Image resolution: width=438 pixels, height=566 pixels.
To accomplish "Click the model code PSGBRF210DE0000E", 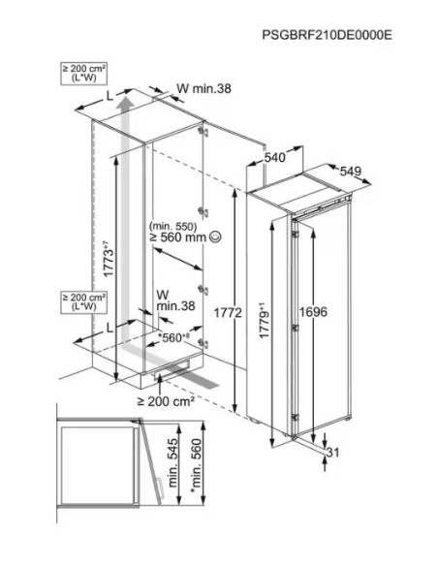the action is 327,35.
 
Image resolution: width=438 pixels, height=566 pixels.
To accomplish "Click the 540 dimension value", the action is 275,157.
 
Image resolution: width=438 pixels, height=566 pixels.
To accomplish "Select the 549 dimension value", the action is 351,172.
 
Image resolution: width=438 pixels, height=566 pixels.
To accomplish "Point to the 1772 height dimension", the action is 228,313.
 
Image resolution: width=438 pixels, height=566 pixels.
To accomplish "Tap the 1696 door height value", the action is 313,312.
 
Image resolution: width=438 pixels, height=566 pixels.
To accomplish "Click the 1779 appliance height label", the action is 266,322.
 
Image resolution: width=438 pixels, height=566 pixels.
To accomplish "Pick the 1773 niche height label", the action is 108,259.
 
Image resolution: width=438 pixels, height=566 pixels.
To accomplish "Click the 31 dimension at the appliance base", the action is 333,452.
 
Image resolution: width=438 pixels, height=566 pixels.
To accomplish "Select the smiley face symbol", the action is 215,236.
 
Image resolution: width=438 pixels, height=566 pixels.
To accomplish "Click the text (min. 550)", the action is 173,226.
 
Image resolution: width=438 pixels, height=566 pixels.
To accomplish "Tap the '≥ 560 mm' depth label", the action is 178,237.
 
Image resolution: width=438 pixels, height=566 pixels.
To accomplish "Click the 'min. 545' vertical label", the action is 172,462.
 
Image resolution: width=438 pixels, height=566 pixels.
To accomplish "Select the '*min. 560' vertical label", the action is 197,465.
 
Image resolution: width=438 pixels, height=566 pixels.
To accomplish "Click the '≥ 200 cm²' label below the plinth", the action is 167,400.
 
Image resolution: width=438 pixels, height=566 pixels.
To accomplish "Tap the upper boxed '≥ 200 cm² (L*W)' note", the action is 84,74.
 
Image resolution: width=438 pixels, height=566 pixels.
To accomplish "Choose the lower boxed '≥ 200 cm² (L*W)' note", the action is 84,301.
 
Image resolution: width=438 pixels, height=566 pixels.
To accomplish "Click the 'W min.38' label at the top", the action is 203,88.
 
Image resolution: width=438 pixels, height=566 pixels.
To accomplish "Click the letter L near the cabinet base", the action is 110,327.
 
